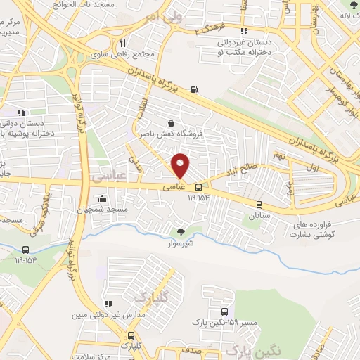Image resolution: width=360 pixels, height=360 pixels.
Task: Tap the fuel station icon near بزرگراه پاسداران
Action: [194, 89]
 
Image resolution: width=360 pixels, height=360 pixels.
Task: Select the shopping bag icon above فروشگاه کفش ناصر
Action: [171, 123]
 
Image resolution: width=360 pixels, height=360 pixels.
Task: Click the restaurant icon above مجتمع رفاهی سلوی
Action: [122, 43]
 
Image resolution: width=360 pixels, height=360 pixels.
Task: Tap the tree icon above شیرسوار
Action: [181, 231]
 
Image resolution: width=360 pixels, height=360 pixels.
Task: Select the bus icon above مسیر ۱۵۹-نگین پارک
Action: [224, 311]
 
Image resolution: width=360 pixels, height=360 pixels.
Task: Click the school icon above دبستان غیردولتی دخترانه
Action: [244, 32]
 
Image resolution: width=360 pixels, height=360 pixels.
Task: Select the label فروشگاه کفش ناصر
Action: [172, 134]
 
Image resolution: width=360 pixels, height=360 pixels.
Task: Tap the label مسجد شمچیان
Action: [103, 209]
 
